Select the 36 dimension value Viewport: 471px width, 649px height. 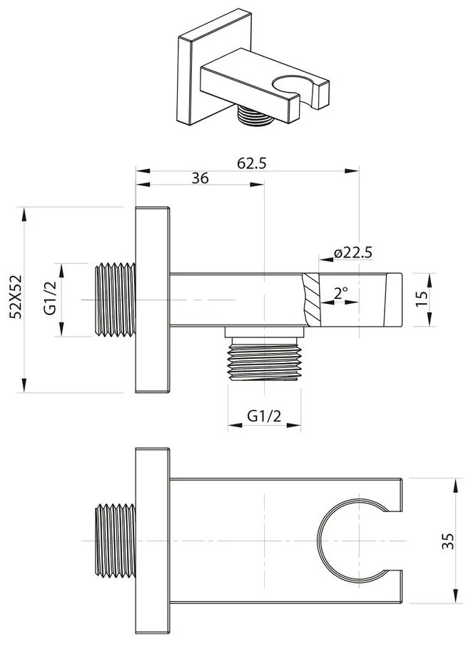pos(200,179)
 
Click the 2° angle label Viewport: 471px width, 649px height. pos(340,292)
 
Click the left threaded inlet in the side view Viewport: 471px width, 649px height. pos(115,300)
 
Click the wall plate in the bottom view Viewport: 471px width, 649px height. pos(152,540)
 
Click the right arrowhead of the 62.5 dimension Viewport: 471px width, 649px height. pos(354,170)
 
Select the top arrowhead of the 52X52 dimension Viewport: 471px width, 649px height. pos(25,212)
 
